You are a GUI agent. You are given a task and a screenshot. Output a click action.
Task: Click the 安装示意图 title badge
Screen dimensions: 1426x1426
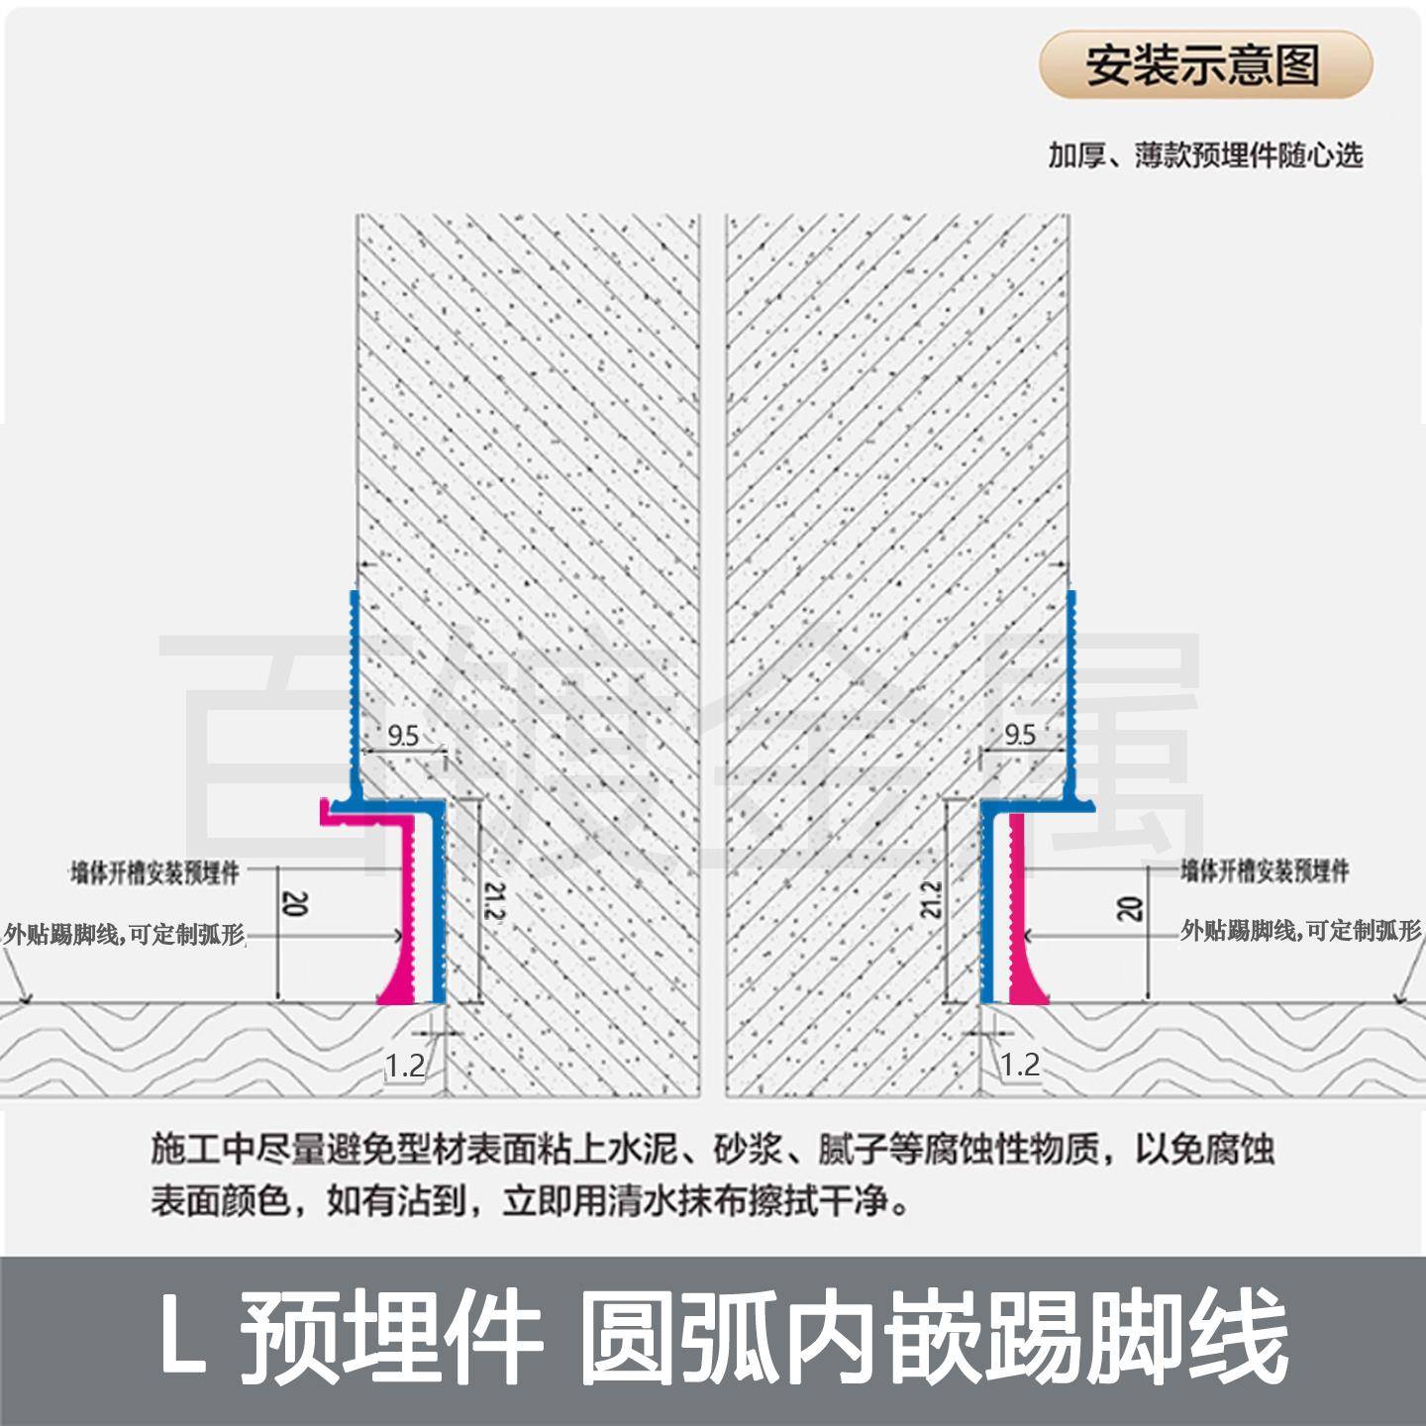(1204, 65)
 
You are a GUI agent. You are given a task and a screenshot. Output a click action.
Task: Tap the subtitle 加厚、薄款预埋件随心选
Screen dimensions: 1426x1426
(1205, 155)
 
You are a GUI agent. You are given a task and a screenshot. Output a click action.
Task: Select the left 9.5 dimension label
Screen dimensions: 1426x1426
(403, 735)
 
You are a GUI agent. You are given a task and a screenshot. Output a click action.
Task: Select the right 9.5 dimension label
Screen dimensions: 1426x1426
(1019, 735)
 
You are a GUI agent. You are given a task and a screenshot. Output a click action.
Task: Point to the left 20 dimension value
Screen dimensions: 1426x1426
(295, 903)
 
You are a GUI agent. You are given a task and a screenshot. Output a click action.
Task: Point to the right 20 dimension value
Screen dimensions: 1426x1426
(1132, 907)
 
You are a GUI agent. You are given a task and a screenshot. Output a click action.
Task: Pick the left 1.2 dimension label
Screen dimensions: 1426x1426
(404, 1066)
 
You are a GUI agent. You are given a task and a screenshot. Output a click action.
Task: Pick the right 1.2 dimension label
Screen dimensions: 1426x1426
(1019, 1066)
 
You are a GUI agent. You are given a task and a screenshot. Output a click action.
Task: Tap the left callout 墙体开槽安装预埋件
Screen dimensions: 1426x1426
(155, 873)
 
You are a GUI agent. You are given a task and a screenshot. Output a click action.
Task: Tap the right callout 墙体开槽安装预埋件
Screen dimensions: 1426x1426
(1265, 871)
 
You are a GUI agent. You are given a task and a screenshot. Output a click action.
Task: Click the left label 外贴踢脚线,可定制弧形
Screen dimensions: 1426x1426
(124, 934)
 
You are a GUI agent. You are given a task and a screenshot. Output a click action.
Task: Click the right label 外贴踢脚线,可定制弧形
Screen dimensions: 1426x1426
(1300, 931)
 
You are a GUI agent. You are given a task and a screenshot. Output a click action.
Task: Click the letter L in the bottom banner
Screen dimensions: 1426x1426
(183, 1340)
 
